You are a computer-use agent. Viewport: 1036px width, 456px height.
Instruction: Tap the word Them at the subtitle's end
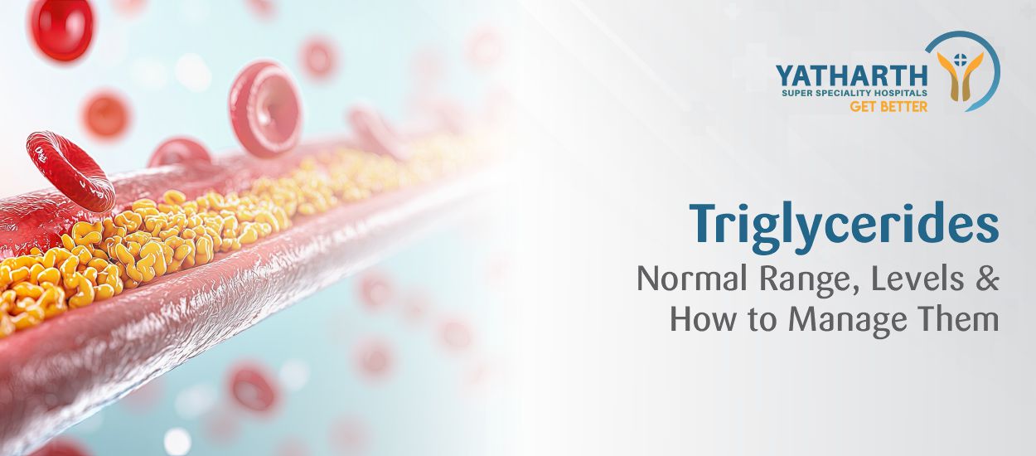point(961,319)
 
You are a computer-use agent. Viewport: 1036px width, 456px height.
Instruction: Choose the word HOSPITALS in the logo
point(900,93)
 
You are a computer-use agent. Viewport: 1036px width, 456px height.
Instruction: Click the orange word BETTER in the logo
point(903,106)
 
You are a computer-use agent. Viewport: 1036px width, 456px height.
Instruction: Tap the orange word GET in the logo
point(864,106)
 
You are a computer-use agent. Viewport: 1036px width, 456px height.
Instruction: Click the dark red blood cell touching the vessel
point(70,170)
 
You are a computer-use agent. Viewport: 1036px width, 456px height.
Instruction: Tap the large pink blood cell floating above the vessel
point(265,109)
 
